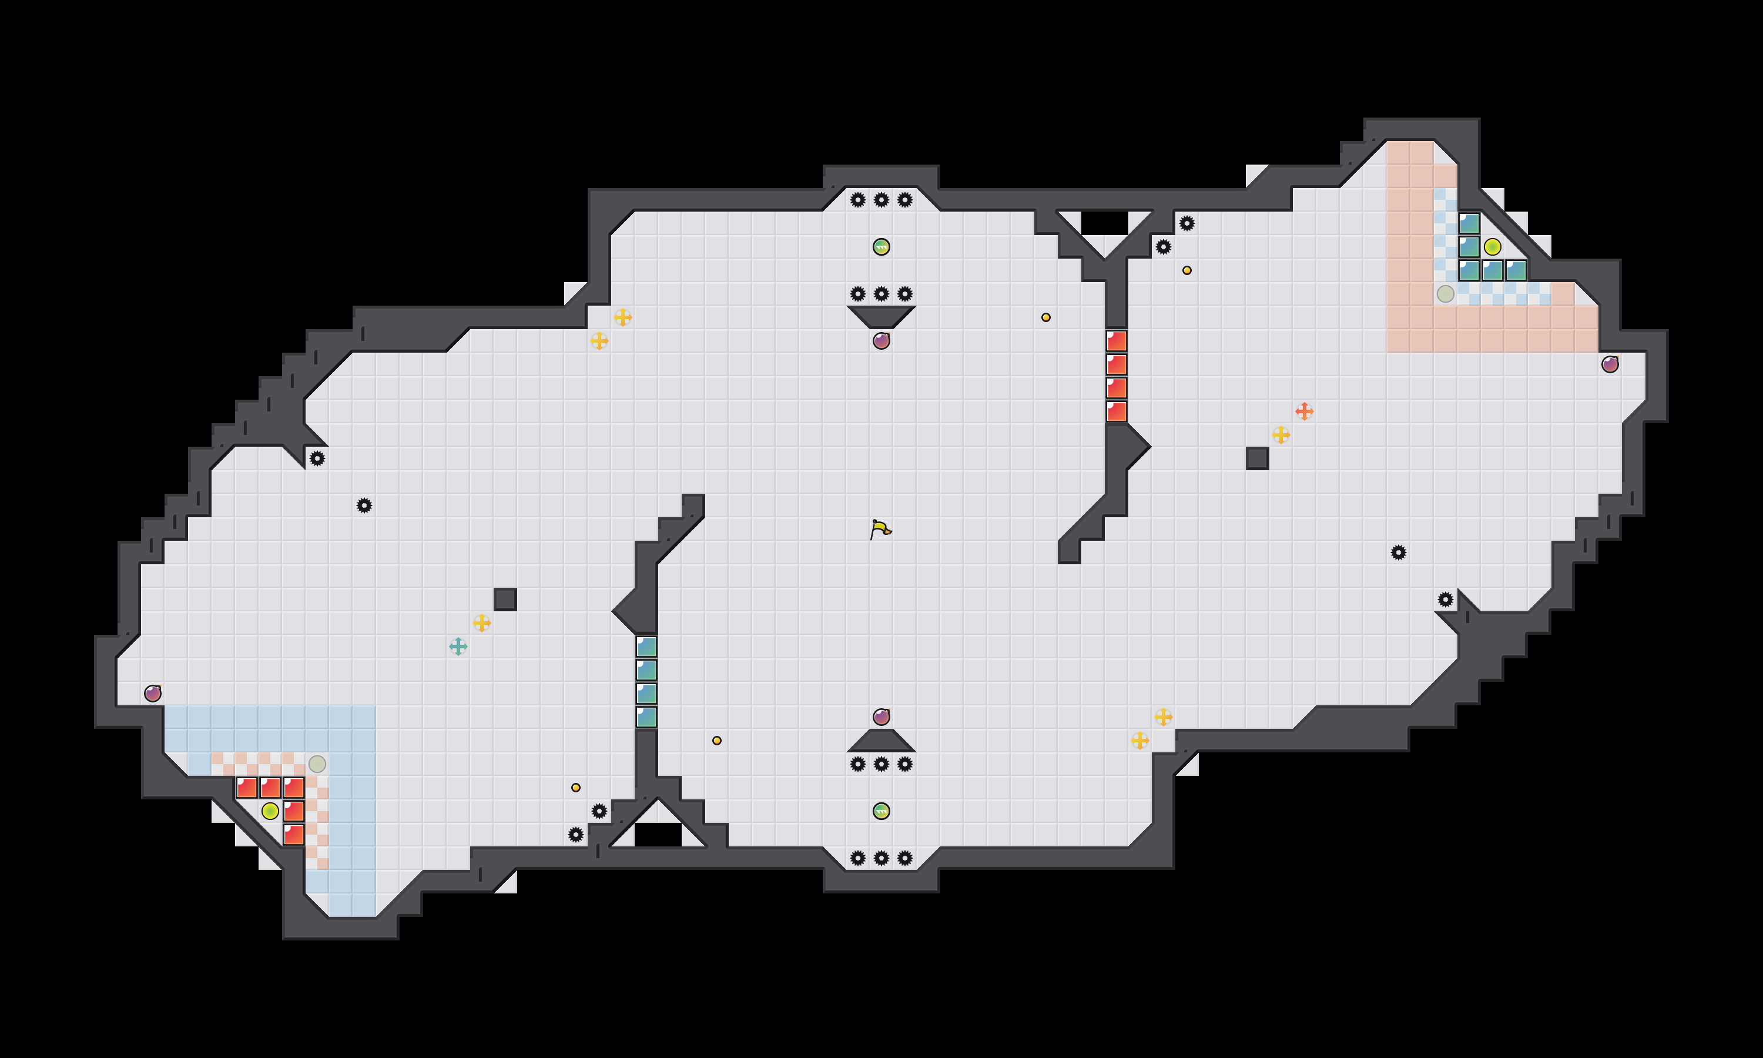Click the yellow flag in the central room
pyautogui.click(x=881, y=529)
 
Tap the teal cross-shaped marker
pyautogui.click(x=458, y=647)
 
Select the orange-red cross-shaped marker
pyautogui.click(x=1304, y=411)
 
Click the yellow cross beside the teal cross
pyautogui.click(x=482, y=623)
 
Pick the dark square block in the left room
pyautogui.click(x=505, y=600)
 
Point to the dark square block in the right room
pyautogui.click(x=1257, y=458)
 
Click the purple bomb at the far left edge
pyautogui.click(x=152, y=693)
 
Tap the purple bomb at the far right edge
pyautogui.click(x=1610, y=364)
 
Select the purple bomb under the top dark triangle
pyautogui.click(x=881, y=341)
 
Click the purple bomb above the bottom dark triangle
pyautogui.click(x=881, y=717)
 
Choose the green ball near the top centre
pyautogui.click(x=881, y=247)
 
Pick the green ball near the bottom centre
pyautogui.click(x=881, y=811)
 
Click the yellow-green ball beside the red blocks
pyautogui.click(x=270, y=811)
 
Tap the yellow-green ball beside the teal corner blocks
pyautogui.click(x=1492, y=247)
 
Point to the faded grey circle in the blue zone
pyautogui.click(x=317, y=764)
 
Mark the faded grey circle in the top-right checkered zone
pyautogui.click(x=1445, y=294)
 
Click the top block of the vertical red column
pyautogui.click(x=1117, y=341)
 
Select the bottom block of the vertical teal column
pyautogui.click(x=646, y=717)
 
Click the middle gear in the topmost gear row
pyautogui.click(x=881, y=200)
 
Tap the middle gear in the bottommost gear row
pyautogui.click(x=881, y=858)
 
